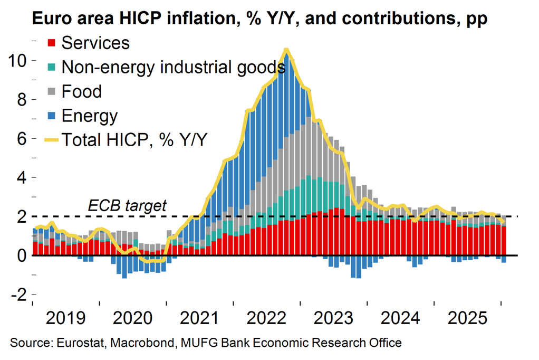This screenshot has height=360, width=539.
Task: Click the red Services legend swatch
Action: [x=51, y=43]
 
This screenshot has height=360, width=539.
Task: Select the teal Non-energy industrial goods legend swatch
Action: [x=51, y=67]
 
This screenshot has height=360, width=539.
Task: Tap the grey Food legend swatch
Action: [x=51, y=91]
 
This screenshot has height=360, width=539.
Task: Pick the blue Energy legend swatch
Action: [x=51, y=116]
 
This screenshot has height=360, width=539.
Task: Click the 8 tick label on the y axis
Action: [x=20, y=99]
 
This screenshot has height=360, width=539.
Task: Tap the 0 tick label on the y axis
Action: [x=20, y=255]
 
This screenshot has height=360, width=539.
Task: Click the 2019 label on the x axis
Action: [x=66, y=319]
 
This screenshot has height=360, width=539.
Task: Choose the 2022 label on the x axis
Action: [x=266, y=319]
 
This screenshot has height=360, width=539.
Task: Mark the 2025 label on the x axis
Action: [x=468, y=319]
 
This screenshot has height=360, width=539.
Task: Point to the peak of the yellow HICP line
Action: [x=286, y=50]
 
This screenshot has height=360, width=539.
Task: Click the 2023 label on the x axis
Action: [x=333, y=319]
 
